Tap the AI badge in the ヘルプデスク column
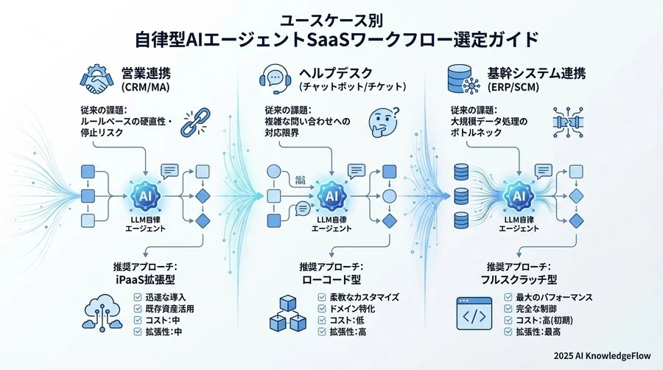331,196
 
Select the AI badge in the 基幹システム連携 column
519,196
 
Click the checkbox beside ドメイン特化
322,309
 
